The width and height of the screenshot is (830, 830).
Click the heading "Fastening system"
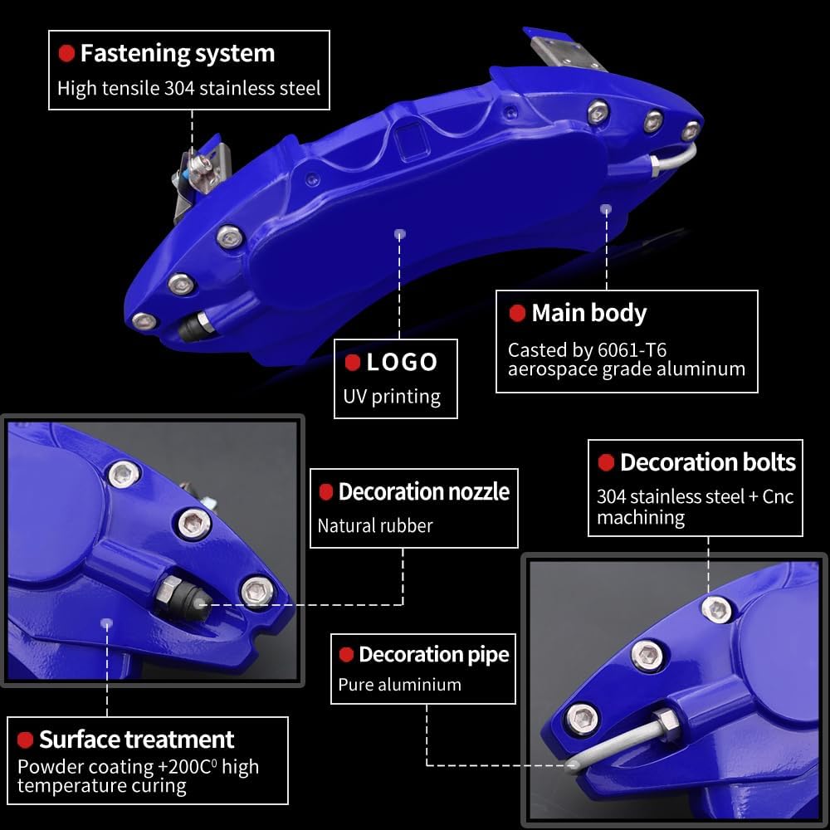pyautogui.click(x=177, y=54)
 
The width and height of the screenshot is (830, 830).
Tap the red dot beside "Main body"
pyautogui.click(x=517, y=314)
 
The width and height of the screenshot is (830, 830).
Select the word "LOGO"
pyautogui.click(x=402, y=362)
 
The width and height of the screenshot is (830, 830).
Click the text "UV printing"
pyautogui.click(x=392, y=396)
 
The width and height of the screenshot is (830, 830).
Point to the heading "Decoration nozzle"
pyautogui.click(x=423, y=491)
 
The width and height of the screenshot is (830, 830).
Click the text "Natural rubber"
pyautogui.click(x=375, y=525)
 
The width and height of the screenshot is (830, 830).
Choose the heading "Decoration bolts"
pyautogui.click(x=707, y=462)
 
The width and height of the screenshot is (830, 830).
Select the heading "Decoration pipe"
pyautogui.click(x=433, y=655)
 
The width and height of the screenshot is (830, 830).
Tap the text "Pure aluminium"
pyautogui.click(x=399, y=685)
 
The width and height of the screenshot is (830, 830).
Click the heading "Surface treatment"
pyautogui.click(x=136, y=740)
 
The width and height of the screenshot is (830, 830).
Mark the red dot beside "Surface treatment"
pyautogui.click(x=25, y=740)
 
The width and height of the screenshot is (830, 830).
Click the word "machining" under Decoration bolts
pyautogui.click(x=640, y=518)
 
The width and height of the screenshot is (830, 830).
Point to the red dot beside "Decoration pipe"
pyautogui.click(x=346, y=655)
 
